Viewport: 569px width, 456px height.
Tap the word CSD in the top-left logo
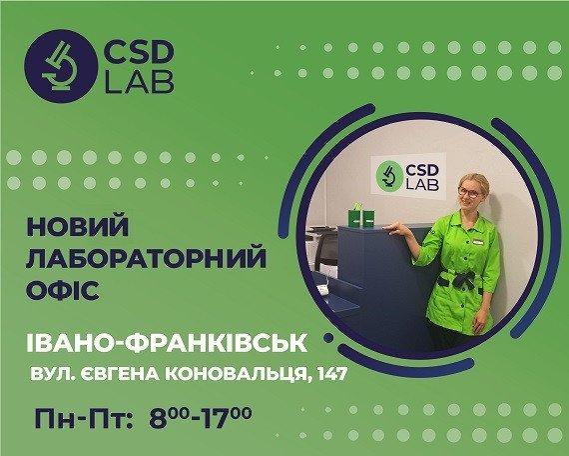138,52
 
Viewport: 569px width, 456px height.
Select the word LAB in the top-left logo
138,81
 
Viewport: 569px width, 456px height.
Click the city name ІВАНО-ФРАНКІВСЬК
166,345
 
